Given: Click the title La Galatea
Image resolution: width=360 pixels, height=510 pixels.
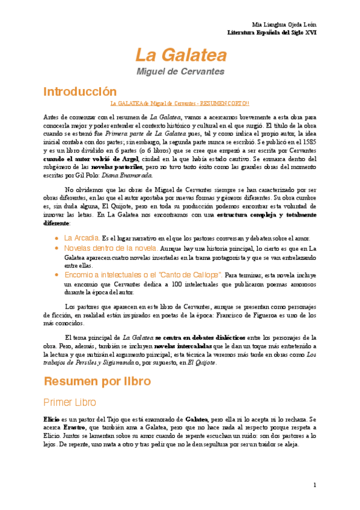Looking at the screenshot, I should tap(180, 56).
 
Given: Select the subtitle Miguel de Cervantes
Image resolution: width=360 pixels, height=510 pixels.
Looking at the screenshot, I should tap(180, 72).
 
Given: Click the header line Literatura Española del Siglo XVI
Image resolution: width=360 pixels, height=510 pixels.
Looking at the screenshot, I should tap(275, 31).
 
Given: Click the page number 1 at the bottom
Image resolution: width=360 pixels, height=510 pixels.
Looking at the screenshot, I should tap(314, 485).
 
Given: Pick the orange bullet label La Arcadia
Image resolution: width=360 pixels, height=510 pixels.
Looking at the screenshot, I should tap(82, 238).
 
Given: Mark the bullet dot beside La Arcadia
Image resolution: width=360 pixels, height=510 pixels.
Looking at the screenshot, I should tap(57, 238).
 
